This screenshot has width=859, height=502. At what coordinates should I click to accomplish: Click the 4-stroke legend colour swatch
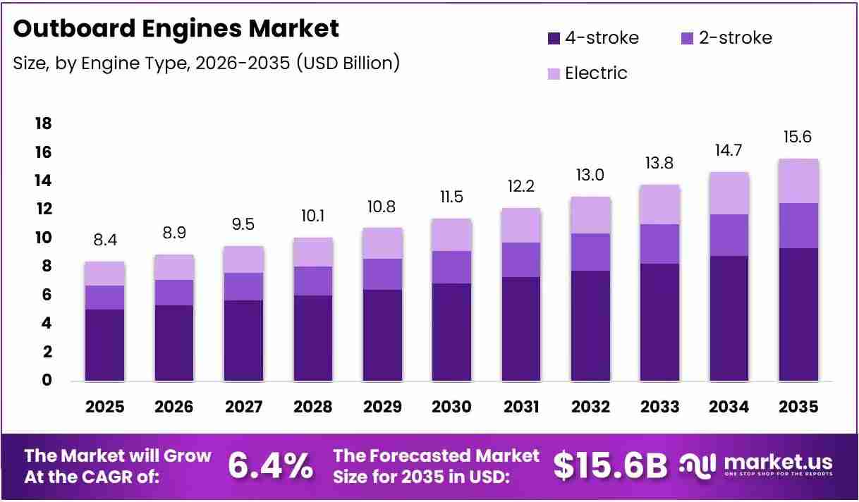[554, 38]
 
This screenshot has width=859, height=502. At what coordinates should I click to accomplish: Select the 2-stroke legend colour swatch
[687, 38]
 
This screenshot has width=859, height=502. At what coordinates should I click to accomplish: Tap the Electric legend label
[596, 73]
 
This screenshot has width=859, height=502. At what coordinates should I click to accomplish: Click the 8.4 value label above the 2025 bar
[105, 240]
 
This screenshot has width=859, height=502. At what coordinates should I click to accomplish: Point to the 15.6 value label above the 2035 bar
[798, 137]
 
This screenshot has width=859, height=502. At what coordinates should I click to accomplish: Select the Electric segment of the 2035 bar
[799, 181]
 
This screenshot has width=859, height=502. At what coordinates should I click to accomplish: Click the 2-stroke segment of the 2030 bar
[452, 267]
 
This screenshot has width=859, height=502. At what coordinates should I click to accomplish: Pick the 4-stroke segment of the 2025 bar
[104, 345]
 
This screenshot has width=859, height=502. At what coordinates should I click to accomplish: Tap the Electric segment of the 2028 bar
[313, 252]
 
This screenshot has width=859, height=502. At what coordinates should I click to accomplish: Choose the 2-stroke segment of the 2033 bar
[659, 244]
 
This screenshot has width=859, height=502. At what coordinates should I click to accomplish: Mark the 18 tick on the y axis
[43, 123]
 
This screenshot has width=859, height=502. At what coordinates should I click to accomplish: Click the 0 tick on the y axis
[47, 380]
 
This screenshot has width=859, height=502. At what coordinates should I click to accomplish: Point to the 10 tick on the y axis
[43, 238]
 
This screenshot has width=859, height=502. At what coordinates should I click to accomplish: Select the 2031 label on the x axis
[521, 407]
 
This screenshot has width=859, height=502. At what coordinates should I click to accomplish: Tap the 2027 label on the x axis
[243, 407]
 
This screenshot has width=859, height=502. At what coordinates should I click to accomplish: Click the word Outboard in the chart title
[74, 28]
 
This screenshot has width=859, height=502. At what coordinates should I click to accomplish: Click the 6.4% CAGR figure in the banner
[271, 466]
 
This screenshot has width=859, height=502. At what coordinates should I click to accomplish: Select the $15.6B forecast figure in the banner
[611, 466]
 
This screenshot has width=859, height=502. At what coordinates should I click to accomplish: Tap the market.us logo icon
[697, 466]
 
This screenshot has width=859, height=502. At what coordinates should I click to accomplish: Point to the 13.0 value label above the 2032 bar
[590, 176]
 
